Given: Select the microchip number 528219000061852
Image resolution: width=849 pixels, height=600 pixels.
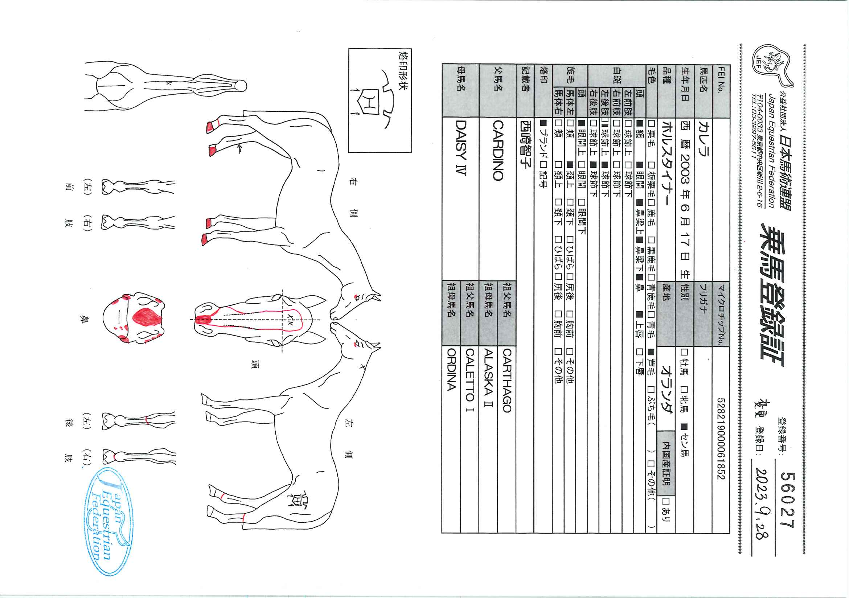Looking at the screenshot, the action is pyautogui.click(x=721, y=439).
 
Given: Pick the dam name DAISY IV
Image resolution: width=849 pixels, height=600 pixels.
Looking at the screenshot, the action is pyautogui.click(x=461, y=148).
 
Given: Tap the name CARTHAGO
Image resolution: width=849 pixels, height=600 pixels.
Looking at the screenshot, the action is pyautogui.click(x=507, y=381).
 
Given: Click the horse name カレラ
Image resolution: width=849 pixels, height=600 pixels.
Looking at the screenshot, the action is pyautogui.click(x=702, y=139).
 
